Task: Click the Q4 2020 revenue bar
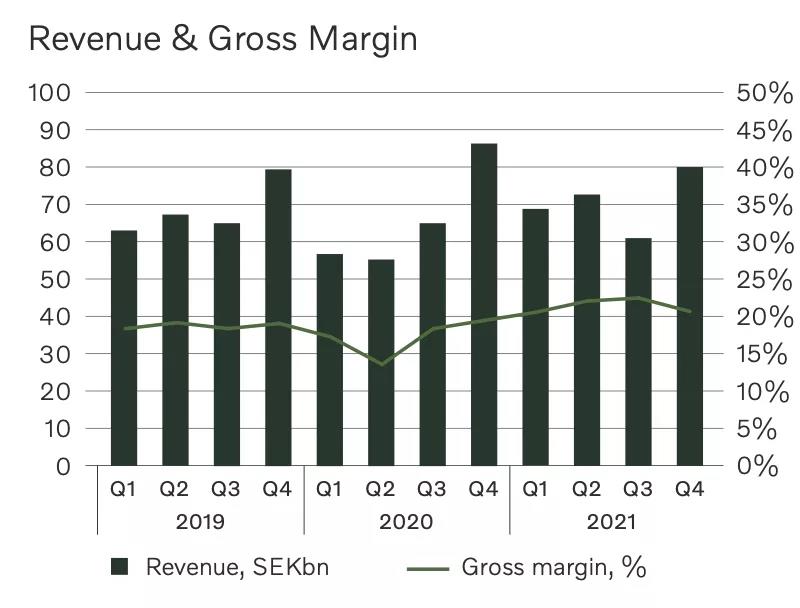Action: click(x=484, y=305)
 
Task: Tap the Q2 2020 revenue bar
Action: click(x=381, y=362)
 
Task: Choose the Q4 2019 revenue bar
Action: click(x=278, y=318)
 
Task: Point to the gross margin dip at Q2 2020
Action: click(x=381, y=364)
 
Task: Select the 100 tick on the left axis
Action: click(x=50, y=93)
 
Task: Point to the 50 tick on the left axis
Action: click(x=56, y=280)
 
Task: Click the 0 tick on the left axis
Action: click(x=63, y=466)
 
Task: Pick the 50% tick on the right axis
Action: click(x=764, y=93)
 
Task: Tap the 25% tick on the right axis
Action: click(x=764, y=280)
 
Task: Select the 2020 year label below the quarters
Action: click(x=406, y=522)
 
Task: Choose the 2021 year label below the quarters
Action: click(x=612, y=522)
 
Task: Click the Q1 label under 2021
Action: click(x=535, y=489)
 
